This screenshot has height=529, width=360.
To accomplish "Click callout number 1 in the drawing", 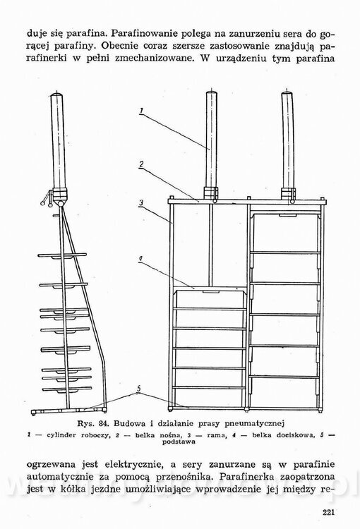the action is [x=141, y=111].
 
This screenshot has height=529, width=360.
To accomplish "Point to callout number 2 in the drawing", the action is [x=141, y=164].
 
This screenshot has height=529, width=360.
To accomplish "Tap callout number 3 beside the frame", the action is [x=141, y=203].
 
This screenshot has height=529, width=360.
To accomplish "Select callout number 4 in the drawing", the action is [x=140, y=259].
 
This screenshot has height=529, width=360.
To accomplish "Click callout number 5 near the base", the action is [x=138, y=388].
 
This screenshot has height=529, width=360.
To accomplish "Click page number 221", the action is [x=328, y=512].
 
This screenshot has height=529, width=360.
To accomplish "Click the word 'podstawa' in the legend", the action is [x=179, y=442].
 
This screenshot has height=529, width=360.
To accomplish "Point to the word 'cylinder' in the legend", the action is [x=61, y=435].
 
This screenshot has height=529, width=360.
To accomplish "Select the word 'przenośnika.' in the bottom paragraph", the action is [x=183, y=477].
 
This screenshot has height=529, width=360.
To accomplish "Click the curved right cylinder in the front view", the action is [x=289, y=142].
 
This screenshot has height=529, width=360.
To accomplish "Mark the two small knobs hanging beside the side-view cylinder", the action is [x=47, y=201].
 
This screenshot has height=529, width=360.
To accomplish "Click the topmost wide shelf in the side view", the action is [x=63, y=255].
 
